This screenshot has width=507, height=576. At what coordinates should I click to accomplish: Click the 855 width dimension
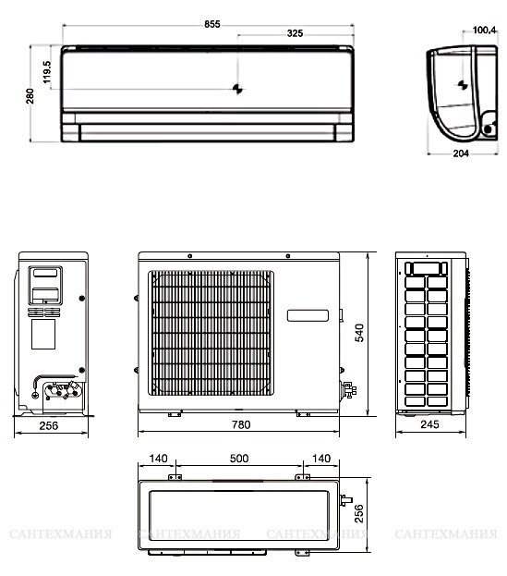pos(212,24)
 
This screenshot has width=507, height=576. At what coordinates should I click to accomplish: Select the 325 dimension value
pos(295,33)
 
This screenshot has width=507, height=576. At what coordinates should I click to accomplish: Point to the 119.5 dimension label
pos(47,72)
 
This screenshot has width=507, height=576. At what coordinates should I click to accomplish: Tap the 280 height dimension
pos(30,96)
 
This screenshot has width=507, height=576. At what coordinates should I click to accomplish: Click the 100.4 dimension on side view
pos(484,31)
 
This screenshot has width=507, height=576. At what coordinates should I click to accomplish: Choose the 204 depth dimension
pos(461,153)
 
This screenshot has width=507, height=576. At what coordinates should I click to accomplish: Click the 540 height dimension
pos(359,333)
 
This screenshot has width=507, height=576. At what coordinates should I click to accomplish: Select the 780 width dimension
pos(241,424)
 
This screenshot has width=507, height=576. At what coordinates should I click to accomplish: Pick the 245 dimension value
pos(429,424)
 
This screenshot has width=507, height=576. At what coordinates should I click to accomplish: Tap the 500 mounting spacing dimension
pos(239,459)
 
